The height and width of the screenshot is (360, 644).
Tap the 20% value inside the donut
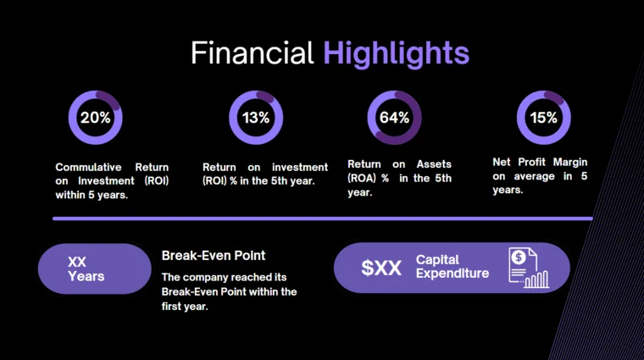[95, 118]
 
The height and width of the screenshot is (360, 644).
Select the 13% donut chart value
[255, 118]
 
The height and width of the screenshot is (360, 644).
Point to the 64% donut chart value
[394, 118]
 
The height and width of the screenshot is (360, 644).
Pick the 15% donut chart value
[543, 118]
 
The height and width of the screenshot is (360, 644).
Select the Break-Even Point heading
[214, 255]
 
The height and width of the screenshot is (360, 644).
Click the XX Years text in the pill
[86, 269]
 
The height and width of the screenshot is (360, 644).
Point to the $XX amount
[381, 268]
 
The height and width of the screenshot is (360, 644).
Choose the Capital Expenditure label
[452, 267]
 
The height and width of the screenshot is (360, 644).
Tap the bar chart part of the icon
[536, 280]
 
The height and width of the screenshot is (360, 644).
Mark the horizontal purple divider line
[322, 219]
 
